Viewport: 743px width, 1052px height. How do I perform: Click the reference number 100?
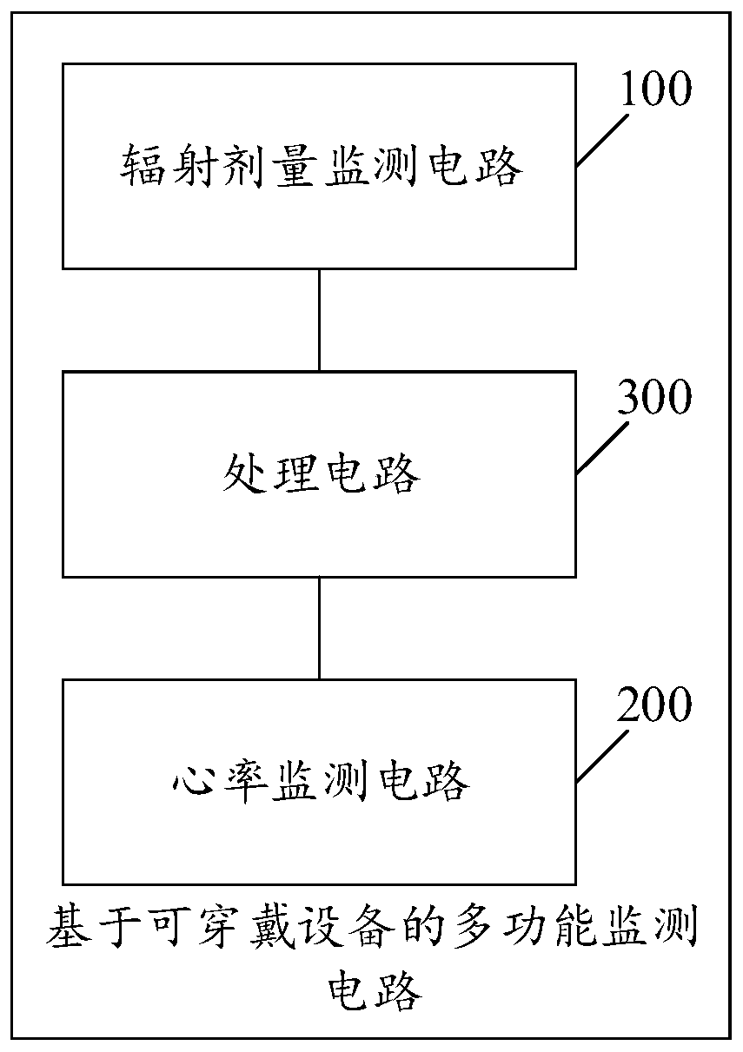click(654, 89)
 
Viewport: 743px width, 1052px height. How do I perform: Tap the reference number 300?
click(654, 398)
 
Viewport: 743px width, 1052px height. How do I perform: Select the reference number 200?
click(654, 705)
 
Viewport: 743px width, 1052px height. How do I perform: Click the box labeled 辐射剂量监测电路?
click(318, 217)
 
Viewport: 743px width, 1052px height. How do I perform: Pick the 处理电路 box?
click(318, 530)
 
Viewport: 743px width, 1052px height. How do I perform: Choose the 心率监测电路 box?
click(318, 834)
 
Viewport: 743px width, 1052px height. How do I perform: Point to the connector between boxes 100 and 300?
click(319, 320)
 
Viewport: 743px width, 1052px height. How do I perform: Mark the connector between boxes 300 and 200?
click(319, 627)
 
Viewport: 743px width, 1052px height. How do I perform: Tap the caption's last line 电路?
click(373, 989)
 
